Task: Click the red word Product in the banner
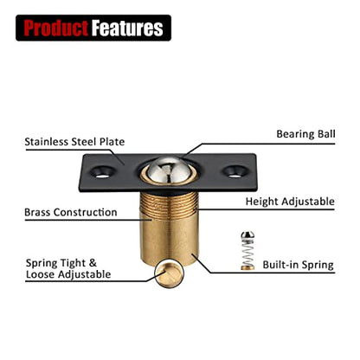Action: (x=55, y=28)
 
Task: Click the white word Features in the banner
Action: (x=127, y=28)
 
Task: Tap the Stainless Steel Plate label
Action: (x=74, y=142)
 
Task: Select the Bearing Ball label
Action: (x=305, y=134)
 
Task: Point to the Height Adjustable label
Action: (x=290, y=202)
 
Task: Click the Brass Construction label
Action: (x=71, y=212)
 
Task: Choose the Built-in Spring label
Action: (x=298, y=265)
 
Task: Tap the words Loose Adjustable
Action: (x=68, y=274)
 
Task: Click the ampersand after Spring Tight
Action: (x=93, y=263)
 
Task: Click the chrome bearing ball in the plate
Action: (x=168, y=170)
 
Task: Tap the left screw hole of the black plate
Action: (x=102, y=172)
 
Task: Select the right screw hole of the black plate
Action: (x=235, y=171)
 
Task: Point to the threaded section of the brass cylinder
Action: (x=169, y=205)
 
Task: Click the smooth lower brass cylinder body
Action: (x=169, y=241)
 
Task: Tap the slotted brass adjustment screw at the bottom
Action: (x=170, y=273)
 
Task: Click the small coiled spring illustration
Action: (x=247, y=254)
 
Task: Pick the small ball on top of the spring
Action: (x=247, y=235)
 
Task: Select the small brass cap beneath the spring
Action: (x=247, y=267)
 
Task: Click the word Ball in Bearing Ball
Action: (x=325, y=134)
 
